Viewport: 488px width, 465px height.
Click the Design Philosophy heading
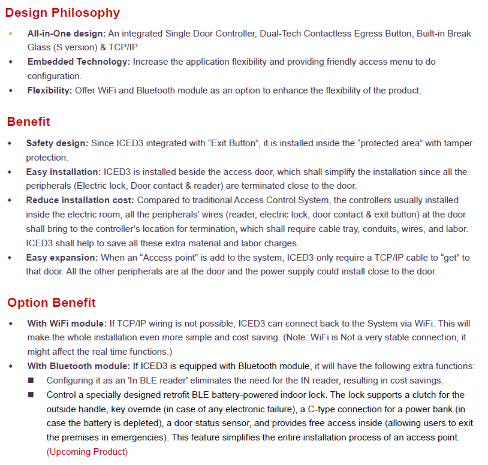click(x=63, y=13)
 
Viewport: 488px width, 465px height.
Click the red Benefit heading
click(x=29, y=122)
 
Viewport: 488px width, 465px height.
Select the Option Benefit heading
click(x=52, y=302)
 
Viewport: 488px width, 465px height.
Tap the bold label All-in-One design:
click(x=67, y=34)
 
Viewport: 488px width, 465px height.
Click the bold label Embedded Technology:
click(x=79, y=62)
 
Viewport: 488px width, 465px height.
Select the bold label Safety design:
click(x=57, y=143)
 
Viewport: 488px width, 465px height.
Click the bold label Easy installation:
click(x=64, y=172)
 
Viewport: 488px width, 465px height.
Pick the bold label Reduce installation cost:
click(x=80, y=200)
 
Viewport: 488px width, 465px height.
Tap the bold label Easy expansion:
click(x=62, y=257)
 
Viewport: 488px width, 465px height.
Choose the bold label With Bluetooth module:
click(x=79, y=366)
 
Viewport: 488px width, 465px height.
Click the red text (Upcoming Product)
click(x=87, y=452)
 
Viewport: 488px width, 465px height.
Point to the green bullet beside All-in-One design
click(x=10, y=34)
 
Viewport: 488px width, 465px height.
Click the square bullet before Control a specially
click(x=32, y=395)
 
